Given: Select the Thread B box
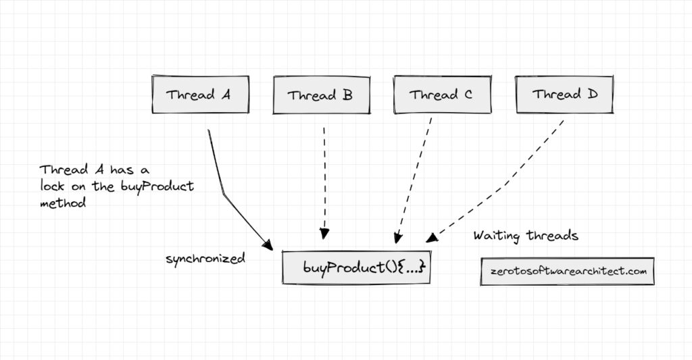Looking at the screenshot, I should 322,95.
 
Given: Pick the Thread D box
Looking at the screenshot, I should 564,95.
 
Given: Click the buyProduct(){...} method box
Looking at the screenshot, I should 356,268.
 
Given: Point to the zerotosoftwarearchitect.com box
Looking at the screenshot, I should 568,271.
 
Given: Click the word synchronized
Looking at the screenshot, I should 205,259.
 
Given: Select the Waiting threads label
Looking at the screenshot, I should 525,236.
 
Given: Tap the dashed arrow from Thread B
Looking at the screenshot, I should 324,182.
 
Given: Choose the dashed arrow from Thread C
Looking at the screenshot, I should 414,182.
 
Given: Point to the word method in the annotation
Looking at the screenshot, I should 62,203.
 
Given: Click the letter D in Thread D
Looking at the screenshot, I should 593,95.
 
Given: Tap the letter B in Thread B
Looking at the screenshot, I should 347,95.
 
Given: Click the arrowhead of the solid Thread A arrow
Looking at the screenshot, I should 268,246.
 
